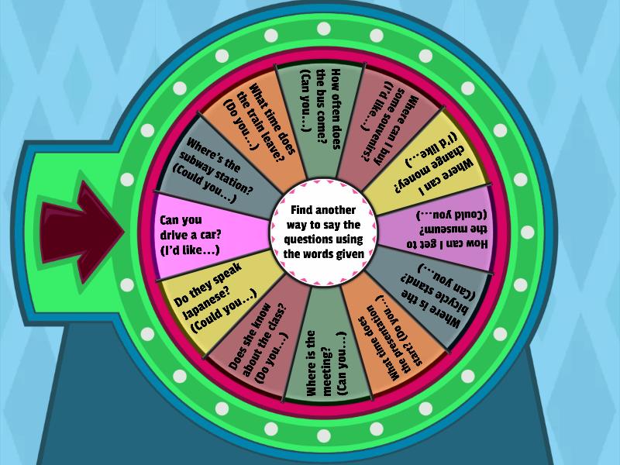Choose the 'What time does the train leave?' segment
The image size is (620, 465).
(x=260, y=120)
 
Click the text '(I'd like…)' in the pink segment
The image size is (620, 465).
(x=191, y=250)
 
